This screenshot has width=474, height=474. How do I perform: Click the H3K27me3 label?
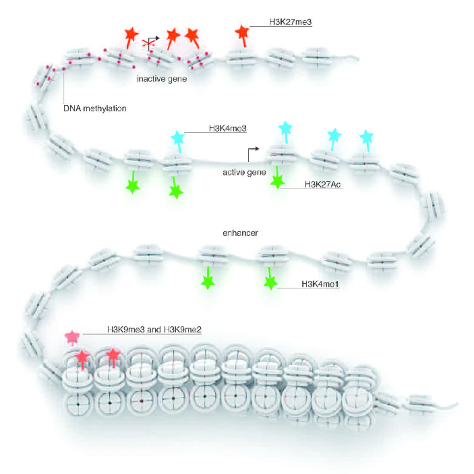coord(290,22)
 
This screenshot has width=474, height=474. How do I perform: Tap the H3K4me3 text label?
coord(227,128)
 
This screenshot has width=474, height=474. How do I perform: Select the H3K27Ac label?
coord(322,184)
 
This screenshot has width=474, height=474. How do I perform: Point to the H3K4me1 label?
coord(320,284)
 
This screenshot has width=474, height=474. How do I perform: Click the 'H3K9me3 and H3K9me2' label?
coord(154,330)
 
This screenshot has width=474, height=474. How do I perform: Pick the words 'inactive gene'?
coord(162,79)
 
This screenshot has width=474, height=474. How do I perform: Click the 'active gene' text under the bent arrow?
coord(244,172)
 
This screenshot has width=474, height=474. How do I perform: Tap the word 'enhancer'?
coord(240,233)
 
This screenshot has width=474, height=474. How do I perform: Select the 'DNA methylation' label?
coord(95,109)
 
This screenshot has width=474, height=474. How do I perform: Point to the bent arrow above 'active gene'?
coord(253,153)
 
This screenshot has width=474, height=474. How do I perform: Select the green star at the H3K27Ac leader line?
coord(277,181)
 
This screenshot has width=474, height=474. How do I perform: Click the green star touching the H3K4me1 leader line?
coord(271,283)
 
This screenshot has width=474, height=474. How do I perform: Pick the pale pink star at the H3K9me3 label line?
coord(72,337)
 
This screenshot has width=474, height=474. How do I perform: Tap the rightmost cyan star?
coord(366,137)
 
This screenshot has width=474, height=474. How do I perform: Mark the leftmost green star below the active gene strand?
coord(132,186)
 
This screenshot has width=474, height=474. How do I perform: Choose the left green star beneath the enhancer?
coord(208,283)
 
